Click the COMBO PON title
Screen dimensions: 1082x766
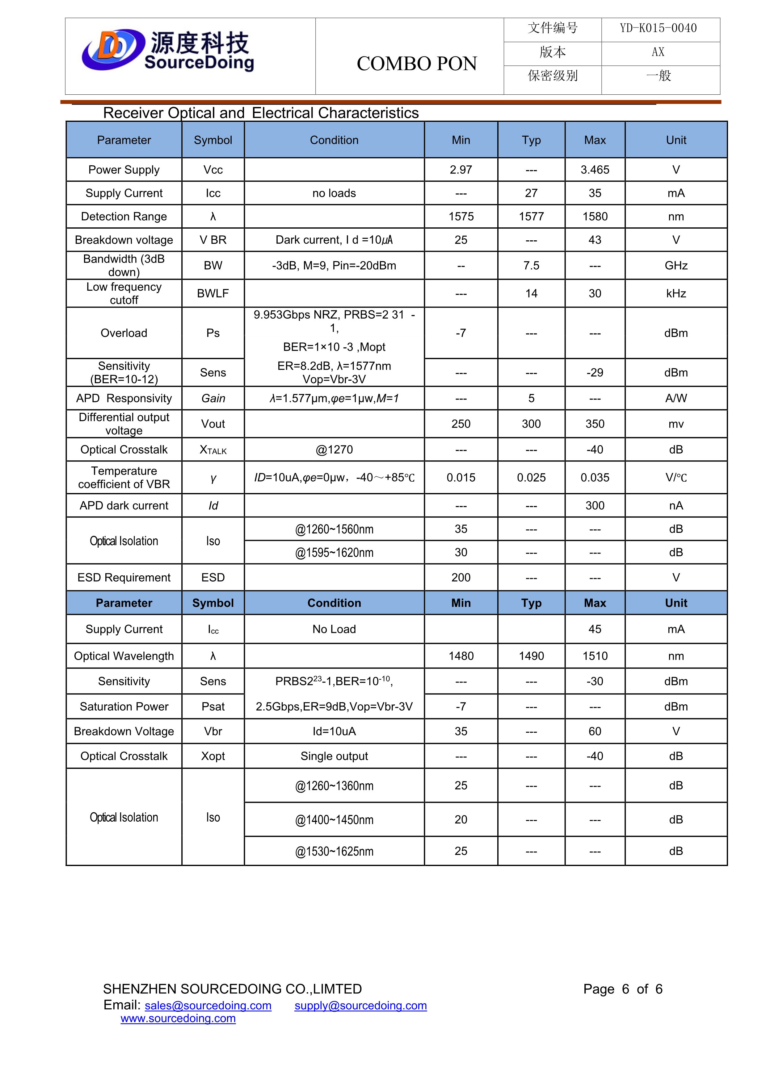click(x=416, y=64)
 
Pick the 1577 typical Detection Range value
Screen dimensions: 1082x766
click(x=531, y=217)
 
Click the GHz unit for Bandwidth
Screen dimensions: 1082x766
click(x=676, y=266)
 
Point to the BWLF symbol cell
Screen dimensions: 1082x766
click(x=213, y=294)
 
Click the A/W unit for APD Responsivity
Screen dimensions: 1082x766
click(x=676, y=399)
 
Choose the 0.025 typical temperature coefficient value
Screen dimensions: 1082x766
click(x=531, y=478)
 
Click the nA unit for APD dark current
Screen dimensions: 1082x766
click(x=676, y=506)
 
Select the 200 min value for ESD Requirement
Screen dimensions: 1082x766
click(x=461, y=578)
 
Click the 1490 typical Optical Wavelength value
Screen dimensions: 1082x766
click(x=531, y=656)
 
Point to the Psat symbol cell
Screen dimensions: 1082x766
click(x=213, y=707)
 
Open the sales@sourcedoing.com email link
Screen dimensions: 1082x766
click(x=208, y=1006)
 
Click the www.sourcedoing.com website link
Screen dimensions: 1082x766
click(x=178, y=1018)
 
